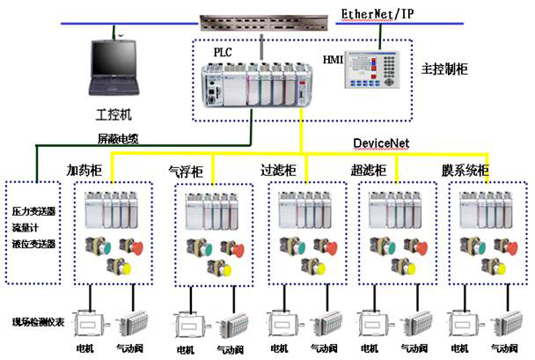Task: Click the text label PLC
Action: point(223,53)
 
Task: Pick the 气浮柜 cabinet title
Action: point(186,170)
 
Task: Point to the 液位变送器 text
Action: point(34,242)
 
